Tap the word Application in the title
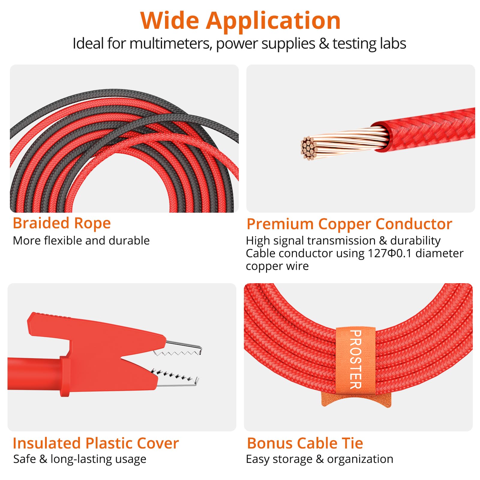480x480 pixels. point(273,21)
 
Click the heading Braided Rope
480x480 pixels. point(62,223)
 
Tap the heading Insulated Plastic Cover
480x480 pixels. point(96,443)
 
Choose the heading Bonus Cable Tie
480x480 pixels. point(305,443)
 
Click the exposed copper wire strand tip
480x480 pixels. point(308,148)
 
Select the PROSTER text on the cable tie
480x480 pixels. point(355,359)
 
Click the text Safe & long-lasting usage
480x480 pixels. point(80,459)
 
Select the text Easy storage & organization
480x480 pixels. point(319,459)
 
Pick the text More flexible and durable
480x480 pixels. point(81,241)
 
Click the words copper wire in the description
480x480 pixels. point(277,266)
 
